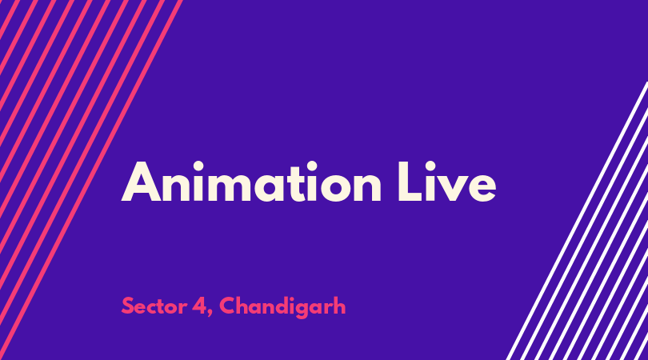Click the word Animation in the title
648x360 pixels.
point(251,182)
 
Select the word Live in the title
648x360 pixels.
point(446,182)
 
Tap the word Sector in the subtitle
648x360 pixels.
point(154,306)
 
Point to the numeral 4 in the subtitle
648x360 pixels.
point(200,306)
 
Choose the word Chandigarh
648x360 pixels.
point(282,307)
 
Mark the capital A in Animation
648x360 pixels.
point(141,182)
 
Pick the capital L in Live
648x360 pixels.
point(410,182)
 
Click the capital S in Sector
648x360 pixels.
point(128,306)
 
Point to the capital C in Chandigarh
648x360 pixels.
point(228,306)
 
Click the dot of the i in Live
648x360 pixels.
point(430,166)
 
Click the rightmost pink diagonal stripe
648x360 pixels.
point(91,180)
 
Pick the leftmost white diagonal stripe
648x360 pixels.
point(578,221)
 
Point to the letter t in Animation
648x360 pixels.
point(298,183)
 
